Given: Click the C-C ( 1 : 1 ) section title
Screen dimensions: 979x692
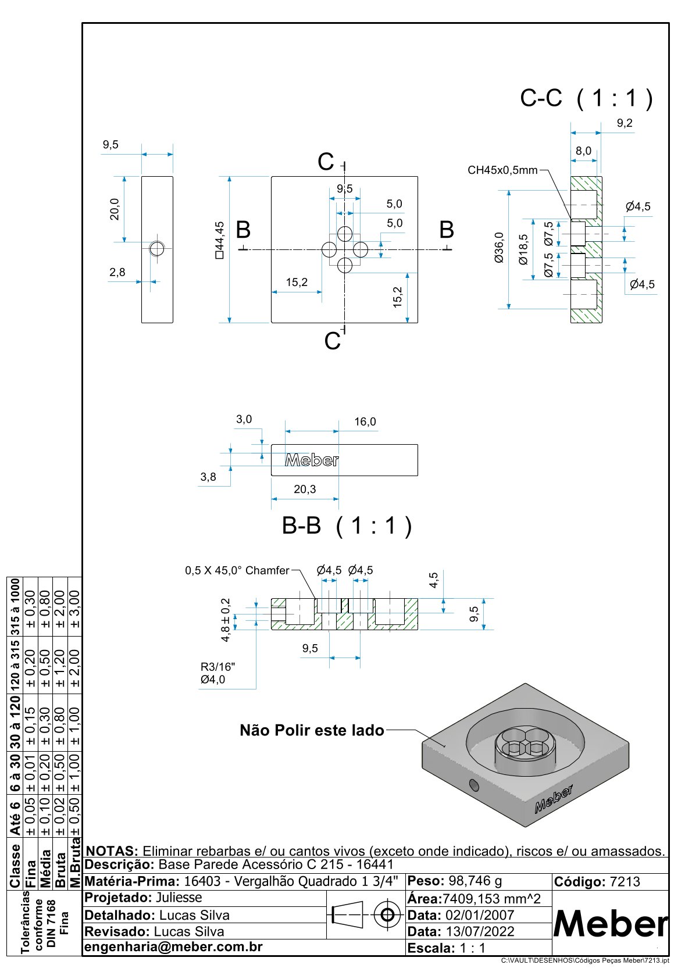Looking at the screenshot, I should (x=586, y=99).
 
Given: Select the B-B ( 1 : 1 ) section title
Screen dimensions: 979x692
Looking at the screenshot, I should (x=347, y=526).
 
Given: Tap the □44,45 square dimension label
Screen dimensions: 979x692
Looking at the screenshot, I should (x=219, y=240).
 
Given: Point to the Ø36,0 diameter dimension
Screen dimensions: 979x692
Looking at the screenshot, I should (x=499, y=248).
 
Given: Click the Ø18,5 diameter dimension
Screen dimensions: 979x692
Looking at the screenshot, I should (x=523, y=249).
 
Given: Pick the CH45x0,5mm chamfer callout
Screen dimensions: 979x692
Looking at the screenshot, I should (x=502, y=170).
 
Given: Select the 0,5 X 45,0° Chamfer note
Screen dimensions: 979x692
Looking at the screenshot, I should (x=237, y=570).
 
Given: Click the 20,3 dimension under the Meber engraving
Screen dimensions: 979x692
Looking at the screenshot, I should (x=305, y=489).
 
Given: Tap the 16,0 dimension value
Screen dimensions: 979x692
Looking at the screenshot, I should (x=365, y=421).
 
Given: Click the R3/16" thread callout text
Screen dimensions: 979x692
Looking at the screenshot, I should (x=218, y=667).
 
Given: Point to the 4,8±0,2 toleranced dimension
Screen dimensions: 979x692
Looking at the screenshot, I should (x=226, y=620).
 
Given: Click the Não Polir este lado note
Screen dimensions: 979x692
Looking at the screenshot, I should (x=312, y=730).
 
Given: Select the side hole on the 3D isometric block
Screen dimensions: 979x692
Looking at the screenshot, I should (x=474, y=786).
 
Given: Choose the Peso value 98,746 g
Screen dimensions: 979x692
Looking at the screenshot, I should (x=475, y=881).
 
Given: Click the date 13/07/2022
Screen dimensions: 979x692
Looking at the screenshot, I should (x=480, y=931).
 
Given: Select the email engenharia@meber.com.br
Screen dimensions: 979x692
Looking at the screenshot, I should (x=173, y=946).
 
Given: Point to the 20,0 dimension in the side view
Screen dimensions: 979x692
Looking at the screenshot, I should (x=114, y=209).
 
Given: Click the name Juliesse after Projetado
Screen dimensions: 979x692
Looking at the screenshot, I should (x=179, y=898).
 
